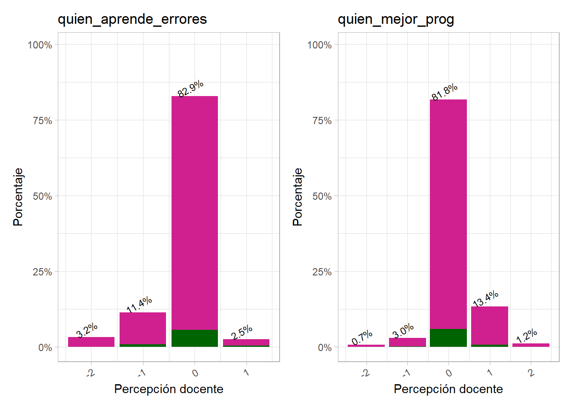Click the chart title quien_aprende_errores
point(132,19)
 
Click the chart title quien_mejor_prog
point(396,19)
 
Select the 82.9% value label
point(190,89)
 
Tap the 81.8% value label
point(444,92)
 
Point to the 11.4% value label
point(139,305)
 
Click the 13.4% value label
point(486,299)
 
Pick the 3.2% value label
point(87,330)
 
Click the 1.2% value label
point(526,336)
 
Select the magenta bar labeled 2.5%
point(246,342)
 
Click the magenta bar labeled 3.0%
point(407,342)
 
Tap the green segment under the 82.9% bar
point(194,338)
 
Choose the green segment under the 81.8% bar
point(448,338)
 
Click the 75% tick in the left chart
point(43,121)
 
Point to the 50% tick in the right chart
point(322,196)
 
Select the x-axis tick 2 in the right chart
point(531,373)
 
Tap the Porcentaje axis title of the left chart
point(18,197)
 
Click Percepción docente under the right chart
point(448,389)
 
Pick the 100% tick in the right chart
point(319,45)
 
